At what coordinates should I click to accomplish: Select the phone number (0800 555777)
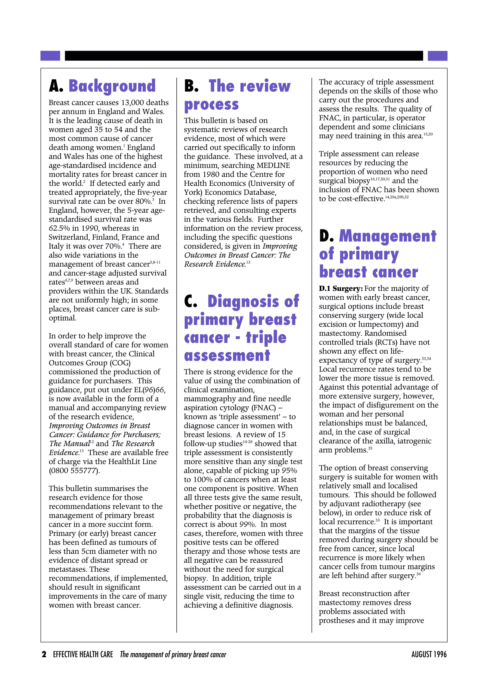pos(74,471)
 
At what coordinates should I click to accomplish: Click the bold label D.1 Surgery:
pos(341,289)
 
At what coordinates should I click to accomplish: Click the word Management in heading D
pos(388,236)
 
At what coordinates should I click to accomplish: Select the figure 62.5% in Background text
pos(59,228)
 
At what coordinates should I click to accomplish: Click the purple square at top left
pos(50,56)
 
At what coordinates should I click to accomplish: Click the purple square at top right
pos(437,56)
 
